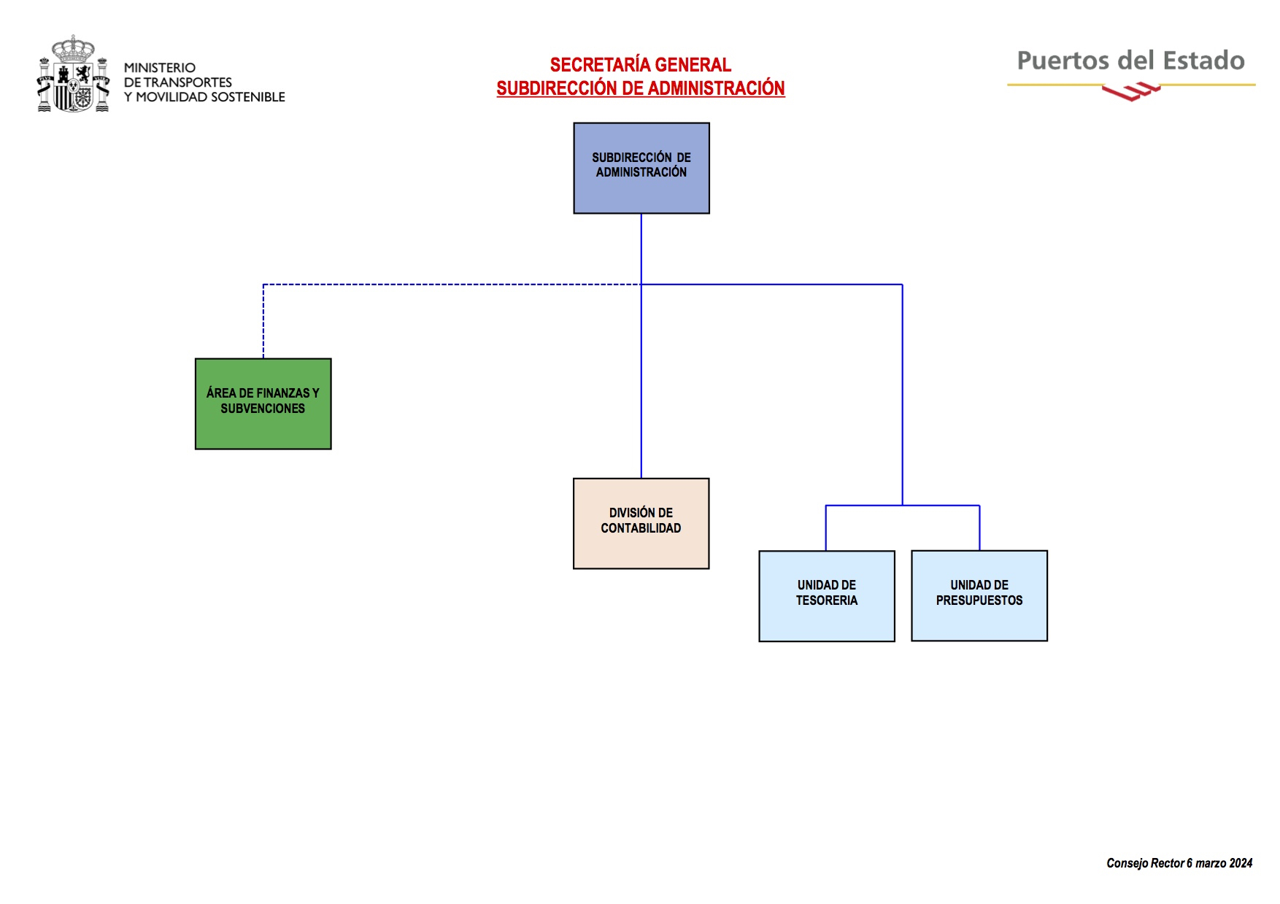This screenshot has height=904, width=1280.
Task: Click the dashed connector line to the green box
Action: click(438, 285)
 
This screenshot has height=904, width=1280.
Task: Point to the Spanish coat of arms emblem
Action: click(73, 74)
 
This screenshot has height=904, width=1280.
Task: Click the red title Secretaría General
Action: click(640, 65)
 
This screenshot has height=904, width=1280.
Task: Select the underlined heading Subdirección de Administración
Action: click(640, 88)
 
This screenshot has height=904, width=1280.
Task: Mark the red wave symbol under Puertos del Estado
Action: click(1130, 92)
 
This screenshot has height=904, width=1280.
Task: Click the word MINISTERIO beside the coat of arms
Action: click(159, 68)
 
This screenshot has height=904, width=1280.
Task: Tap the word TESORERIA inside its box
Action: click(826, 600)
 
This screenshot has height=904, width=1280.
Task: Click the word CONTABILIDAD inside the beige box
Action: click(641, 528)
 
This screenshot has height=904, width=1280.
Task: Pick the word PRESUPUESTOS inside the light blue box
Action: click(979, 600)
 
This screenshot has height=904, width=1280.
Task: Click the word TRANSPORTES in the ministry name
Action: click(188, 82)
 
